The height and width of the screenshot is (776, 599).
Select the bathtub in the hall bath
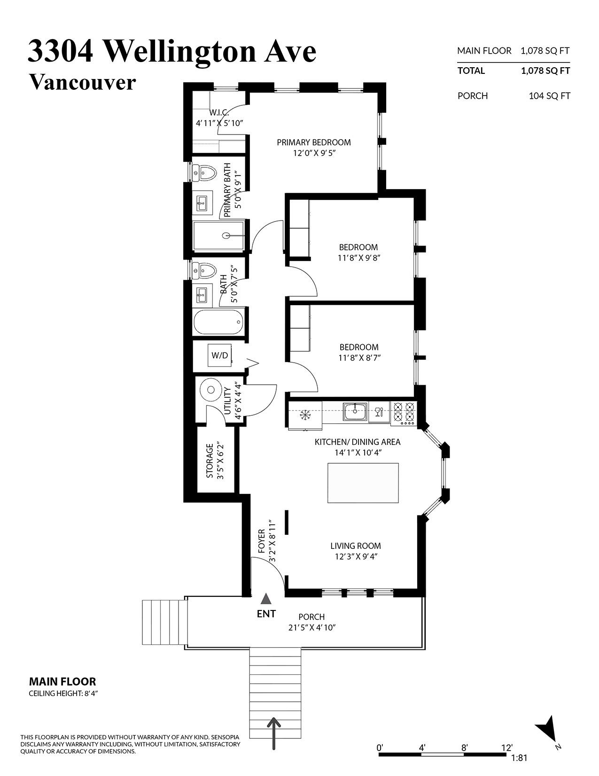pyautogui.click(x=219, y=322)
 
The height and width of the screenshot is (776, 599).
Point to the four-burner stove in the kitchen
pyautogui.click(x=404, y=413)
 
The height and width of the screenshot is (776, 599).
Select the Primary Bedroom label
pyautogui.click(x=313, y=143)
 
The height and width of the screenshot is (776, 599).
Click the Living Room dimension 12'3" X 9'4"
pyautogui.click(x=356, y=556)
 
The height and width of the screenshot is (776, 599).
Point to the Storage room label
pyautogui.click(x=210, y=461)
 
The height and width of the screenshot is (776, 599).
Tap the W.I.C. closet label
pyautogui.click(x=219, y=113)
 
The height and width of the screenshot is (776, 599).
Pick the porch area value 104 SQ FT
pyautogui.click(x=549, y=95)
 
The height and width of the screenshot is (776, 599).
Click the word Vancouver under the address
pyautogui.click(x=82, y=82)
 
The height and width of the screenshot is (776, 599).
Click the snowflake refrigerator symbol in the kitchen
pyautogui.click(x=305, y=415)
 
